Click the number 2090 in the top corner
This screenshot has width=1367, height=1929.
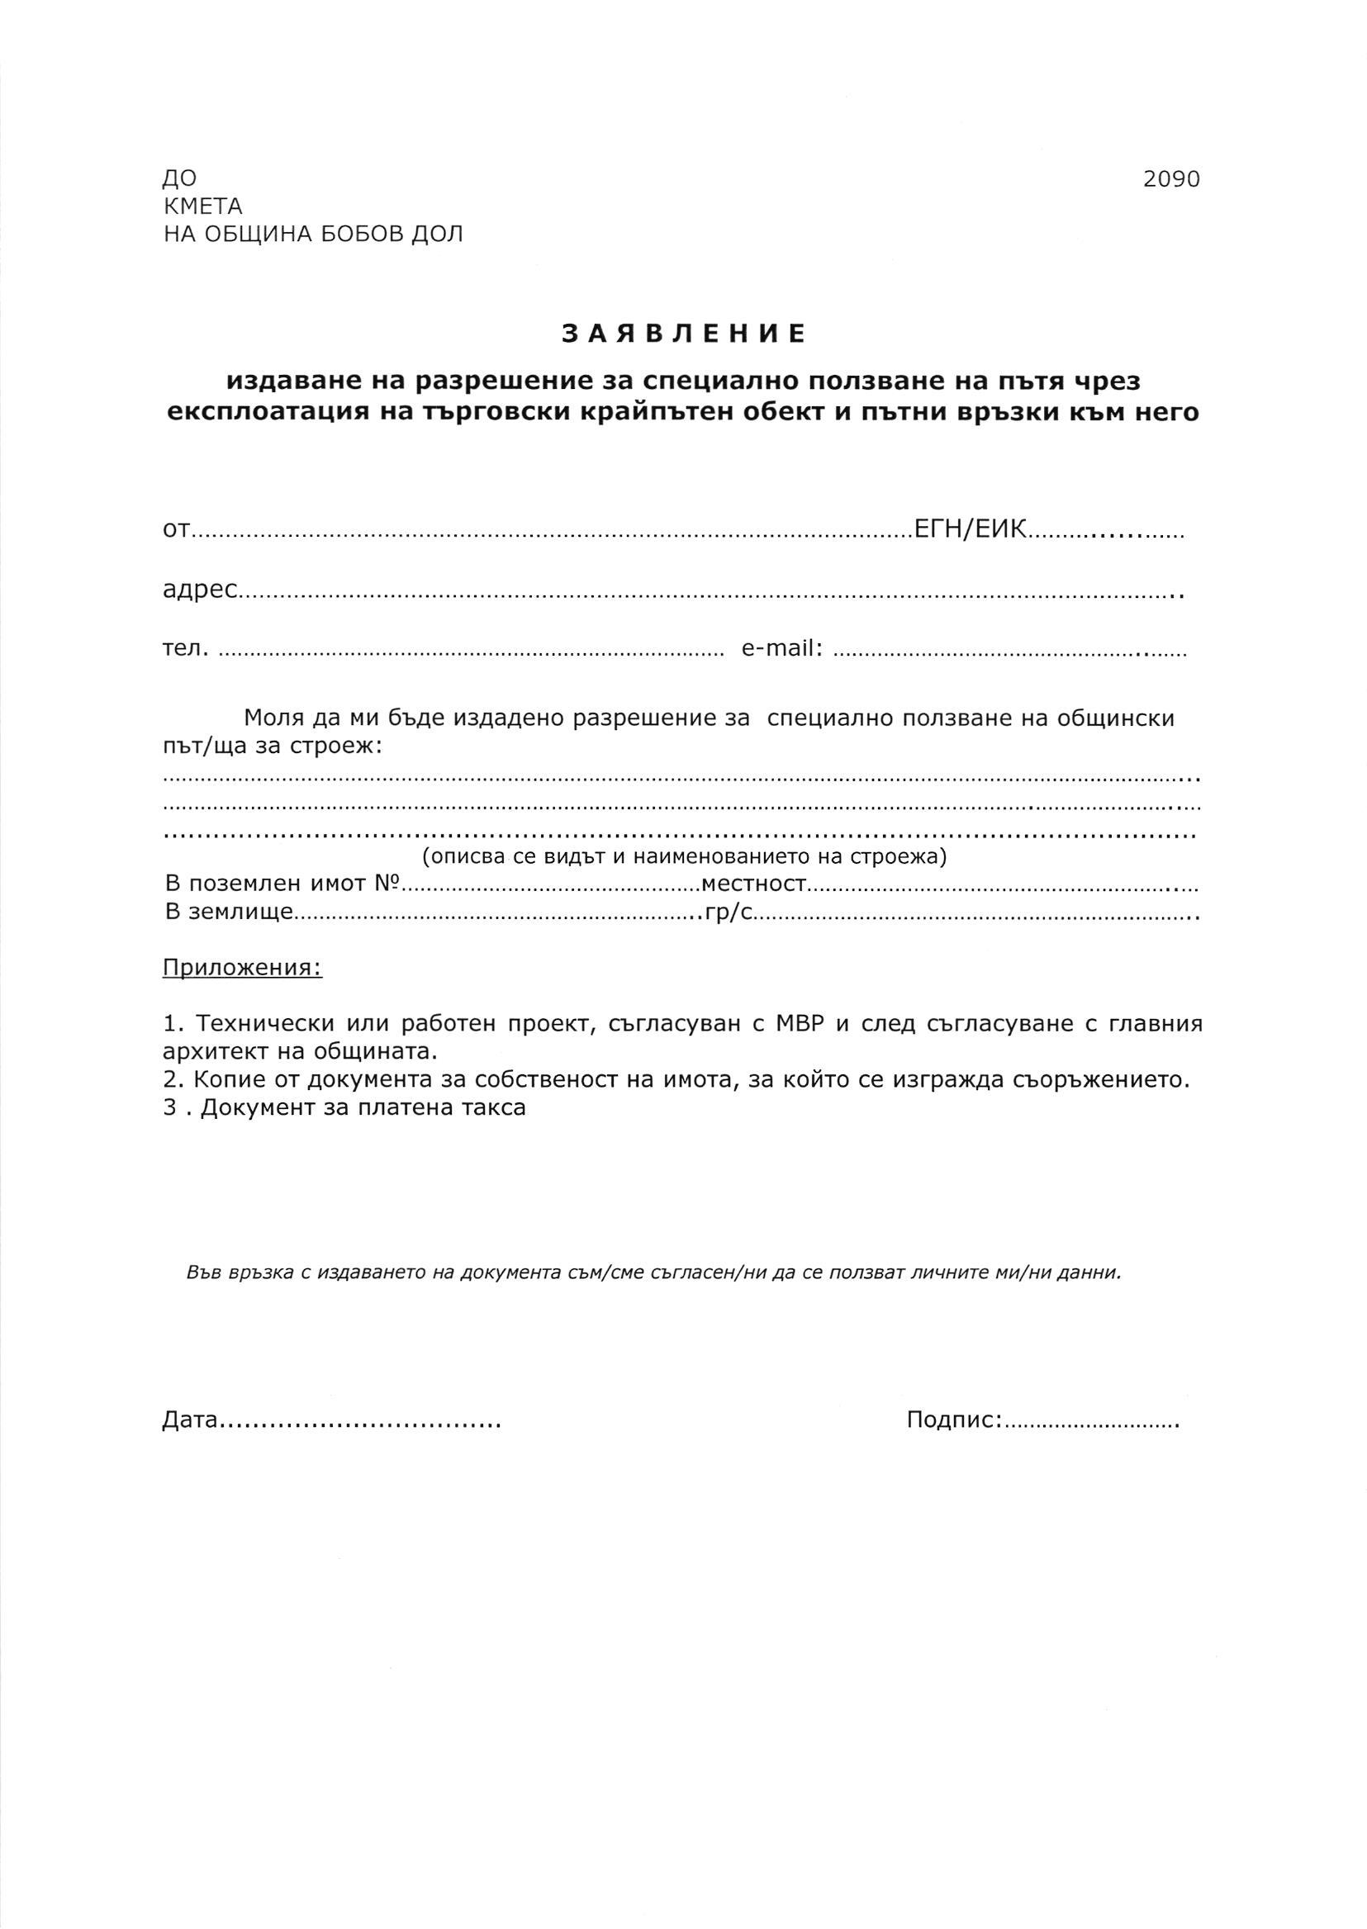click(x=1171, y=179)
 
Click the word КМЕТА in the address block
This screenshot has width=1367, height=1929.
click(x=202, y=206)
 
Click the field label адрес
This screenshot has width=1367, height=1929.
click(x=200, y=590)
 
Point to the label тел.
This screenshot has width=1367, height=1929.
click(x=184, y=649)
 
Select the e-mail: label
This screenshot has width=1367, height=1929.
click(x=782, y=649)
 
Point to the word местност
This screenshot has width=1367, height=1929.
click(x=753, y=884)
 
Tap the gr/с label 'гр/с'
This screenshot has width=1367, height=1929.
click(x=729, y=913)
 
